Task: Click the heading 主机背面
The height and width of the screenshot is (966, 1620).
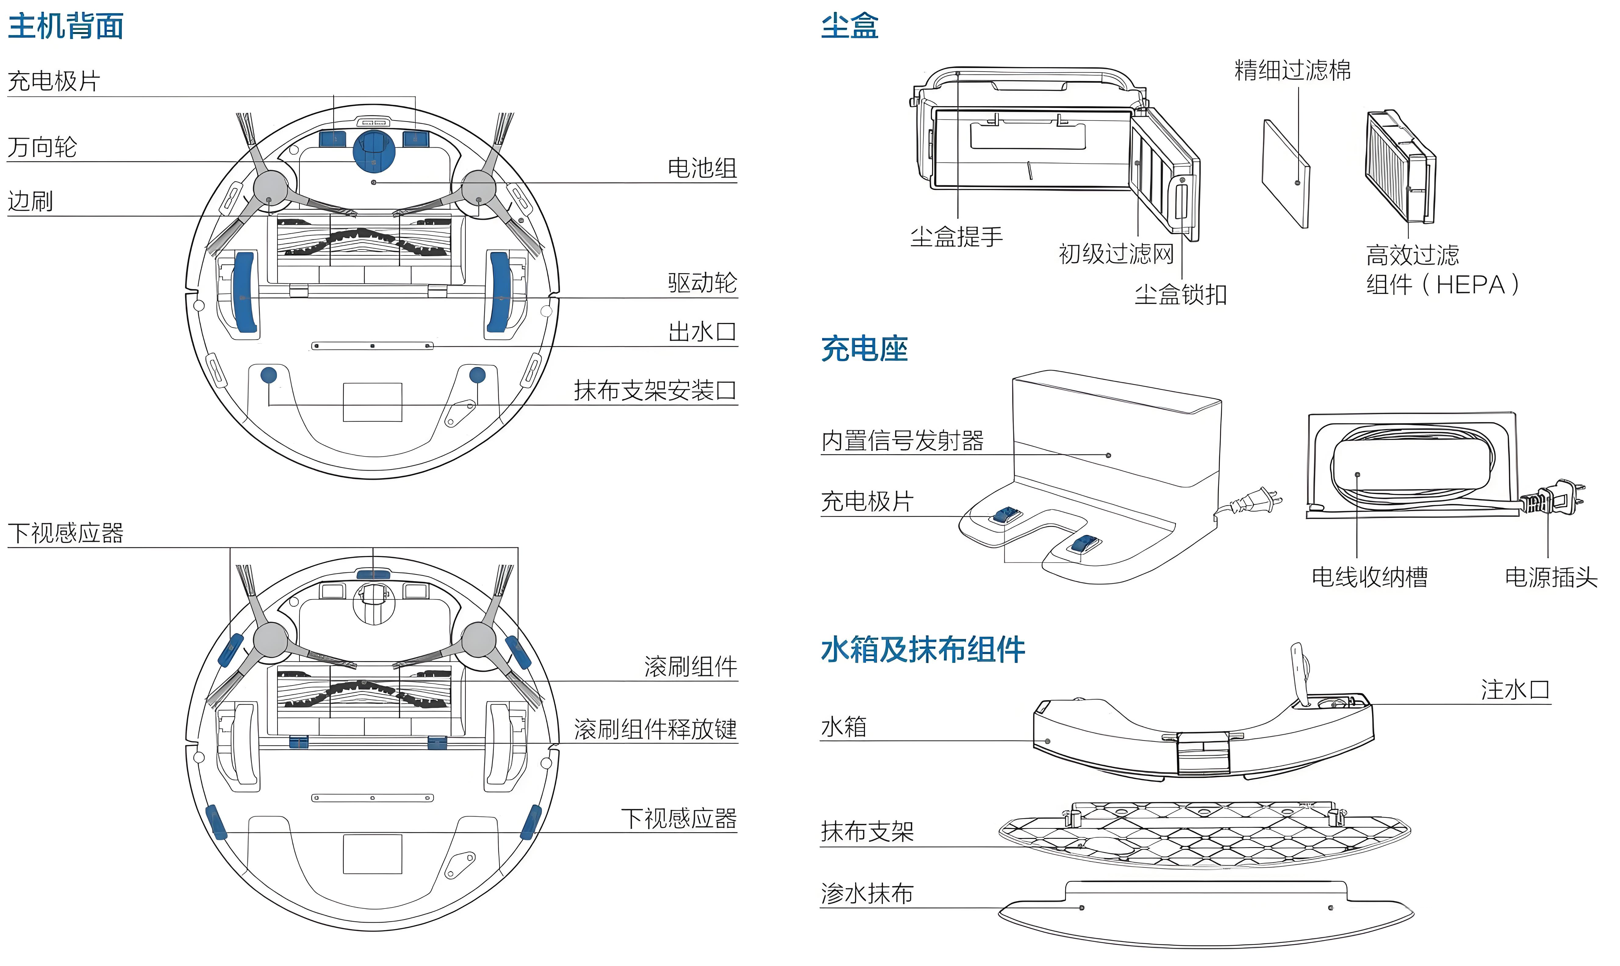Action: [66, 26]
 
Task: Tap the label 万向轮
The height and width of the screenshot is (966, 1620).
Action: [42, 147]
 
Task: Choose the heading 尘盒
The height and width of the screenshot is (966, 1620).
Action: [849, 26]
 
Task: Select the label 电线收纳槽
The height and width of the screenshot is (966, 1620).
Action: [1369, 577]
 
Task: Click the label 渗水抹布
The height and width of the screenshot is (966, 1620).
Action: [867, 894]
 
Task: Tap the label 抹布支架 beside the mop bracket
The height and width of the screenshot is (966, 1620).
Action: [867, 832]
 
